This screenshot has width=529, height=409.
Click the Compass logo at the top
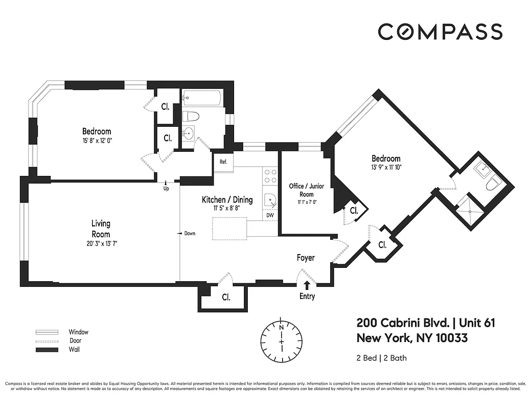(440, 32)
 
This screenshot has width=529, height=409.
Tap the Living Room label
(101, 229)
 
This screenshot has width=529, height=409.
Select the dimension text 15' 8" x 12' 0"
(97, 140)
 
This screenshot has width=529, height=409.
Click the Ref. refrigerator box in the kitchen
(223, 162)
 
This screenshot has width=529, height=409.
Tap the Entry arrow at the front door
(307, 286)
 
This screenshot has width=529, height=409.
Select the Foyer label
(306, 258)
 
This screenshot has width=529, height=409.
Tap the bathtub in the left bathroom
(201, 97)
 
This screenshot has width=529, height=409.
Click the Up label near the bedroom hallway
(166, 189)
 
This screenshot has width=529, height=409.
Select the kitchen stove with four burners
(270, 176)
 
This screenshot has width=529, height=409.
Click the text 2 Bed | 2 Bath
(381, 358)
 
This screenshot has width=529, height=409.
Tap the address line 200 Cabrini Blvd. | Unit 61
(425, 323)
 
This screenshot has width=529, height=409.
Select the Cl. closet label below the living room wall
(226, 298)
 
